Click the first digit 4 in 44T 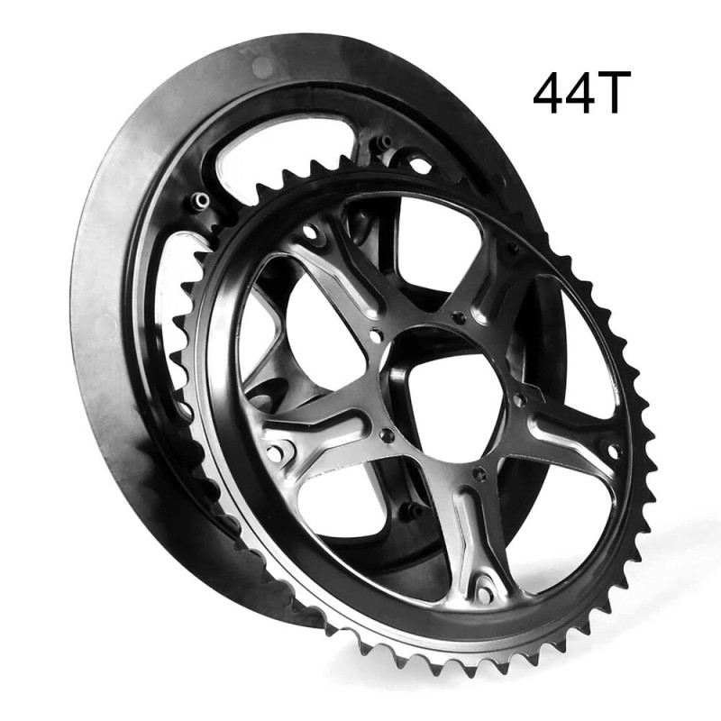548,92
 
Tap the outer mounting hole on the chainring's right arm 614,452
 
